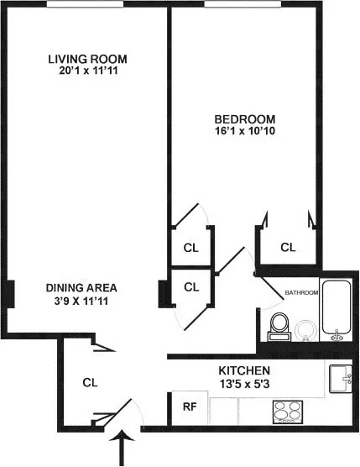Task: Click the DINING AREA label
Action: pyautogui.click(x=81, y=286)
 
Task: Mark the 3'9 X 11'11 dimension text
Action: pyautogui.click(x=81, y=299)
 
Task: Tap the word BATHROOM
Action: pyautogui.click(x=301, y=293)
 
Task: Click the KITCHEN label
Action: pyautogui.click(x=243, y=370)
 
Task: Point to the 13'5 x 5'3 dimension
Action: pyautogui.click(x=243, y=384)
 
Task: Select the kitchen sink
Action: pyautogui.click(x=341, y=378)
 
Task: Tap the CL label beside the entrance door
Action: pyautogui.click(x=90, y=382)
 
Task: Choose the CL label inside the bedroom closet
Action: pyautogui.click(x=288, y=248)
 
